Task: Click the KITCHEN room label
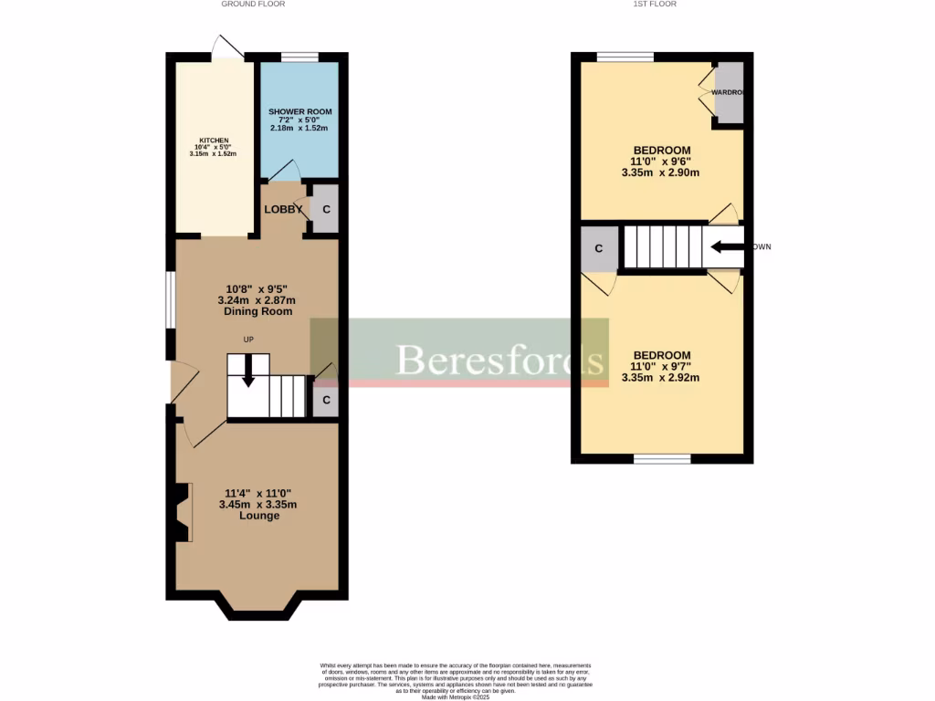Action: [x=215, y=141]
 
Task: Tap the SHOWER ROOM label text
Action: [x=299, y=111]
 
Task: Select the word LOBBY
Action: [x=283, y=209]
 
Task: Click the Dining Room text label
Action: [x=257, y=311]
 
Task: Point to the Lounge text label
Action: [x=258, y=516]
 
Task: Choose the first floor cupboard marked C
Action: [x=599, y=248]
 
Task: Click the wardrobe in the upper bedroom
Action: [x=728, y=92]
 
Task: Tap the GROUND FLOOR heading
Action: [x=253, y=5]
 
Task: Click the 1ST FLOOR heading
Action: [x=654, y=5]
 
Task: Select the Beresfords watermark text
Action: [x=501, y=360]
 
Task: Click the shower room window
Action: [x=299, y=58]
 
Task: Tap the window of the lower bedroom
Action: [x=662, y=458]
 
